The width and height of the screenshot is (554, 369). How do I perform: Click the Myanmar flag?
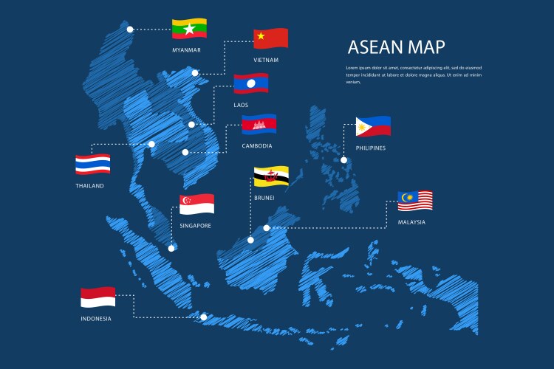tap(189, 29)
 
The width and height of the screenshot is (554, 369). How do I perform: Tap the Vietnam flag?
tap(270, 38)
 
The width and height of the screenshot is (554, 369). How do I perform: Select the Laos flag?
tap(250, 83)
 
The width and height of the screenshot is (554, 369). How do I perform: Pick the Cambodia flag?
tap(259, 124)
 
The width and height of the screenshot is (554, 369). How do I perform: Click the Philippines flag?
tap(373, 126)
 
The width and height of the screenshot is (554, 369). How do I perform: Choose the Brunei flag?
tap(271, 176)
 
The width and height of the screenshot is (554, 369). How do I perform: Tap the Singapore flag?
tap(196, 204)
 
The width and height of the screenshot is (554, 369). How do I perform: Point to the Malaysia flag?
tap(415, 200)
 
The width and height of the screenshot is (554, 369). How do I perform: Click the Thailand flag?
tap(93, 164)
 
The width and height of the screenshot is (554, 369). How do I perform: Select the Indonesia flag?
tap(98, 297)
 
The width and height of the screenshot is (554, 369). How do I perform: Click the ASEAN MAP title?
tap(397, 48)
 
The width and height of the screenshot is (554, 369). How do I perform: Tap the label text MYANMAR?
tap(186, 50)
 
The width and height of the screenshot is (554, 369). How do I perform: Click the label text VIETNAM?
tap(266, 61)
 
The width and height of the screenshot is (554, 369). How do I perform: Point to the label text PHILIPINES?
tap(370, 148)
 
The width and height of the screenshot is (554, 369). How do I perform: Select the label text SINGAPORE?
tap(196, 226)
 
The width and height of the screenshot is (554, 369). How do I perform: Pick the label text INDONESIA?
tap(96, 319)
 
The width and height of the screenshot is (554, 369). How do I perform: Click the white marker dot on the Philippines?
tap(343, 160)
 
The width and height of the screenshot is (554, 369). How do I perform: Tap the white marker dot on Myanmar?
tap(130, 30)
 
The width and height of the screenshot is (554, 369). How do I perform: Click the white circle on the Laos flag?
tap(250, 84)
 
